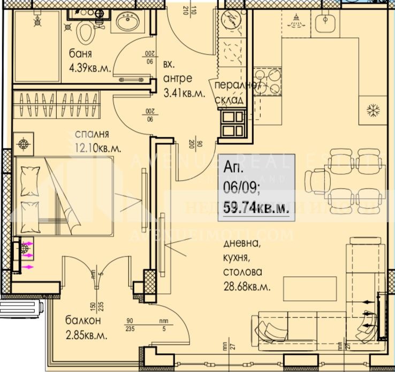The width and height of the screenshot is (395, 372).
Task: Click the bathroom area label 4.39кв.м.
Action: click(89, 68)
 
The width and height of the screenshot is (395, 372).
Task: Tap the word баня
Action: click(81, 55)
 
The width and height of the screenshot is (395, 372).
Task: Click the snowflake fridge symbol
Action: click(371, 110)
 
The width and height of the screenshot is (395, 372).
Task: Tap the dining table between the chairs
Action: click(341, 177)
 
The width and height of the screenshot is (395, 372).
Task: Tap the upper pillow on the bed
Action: click(30, 175)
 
